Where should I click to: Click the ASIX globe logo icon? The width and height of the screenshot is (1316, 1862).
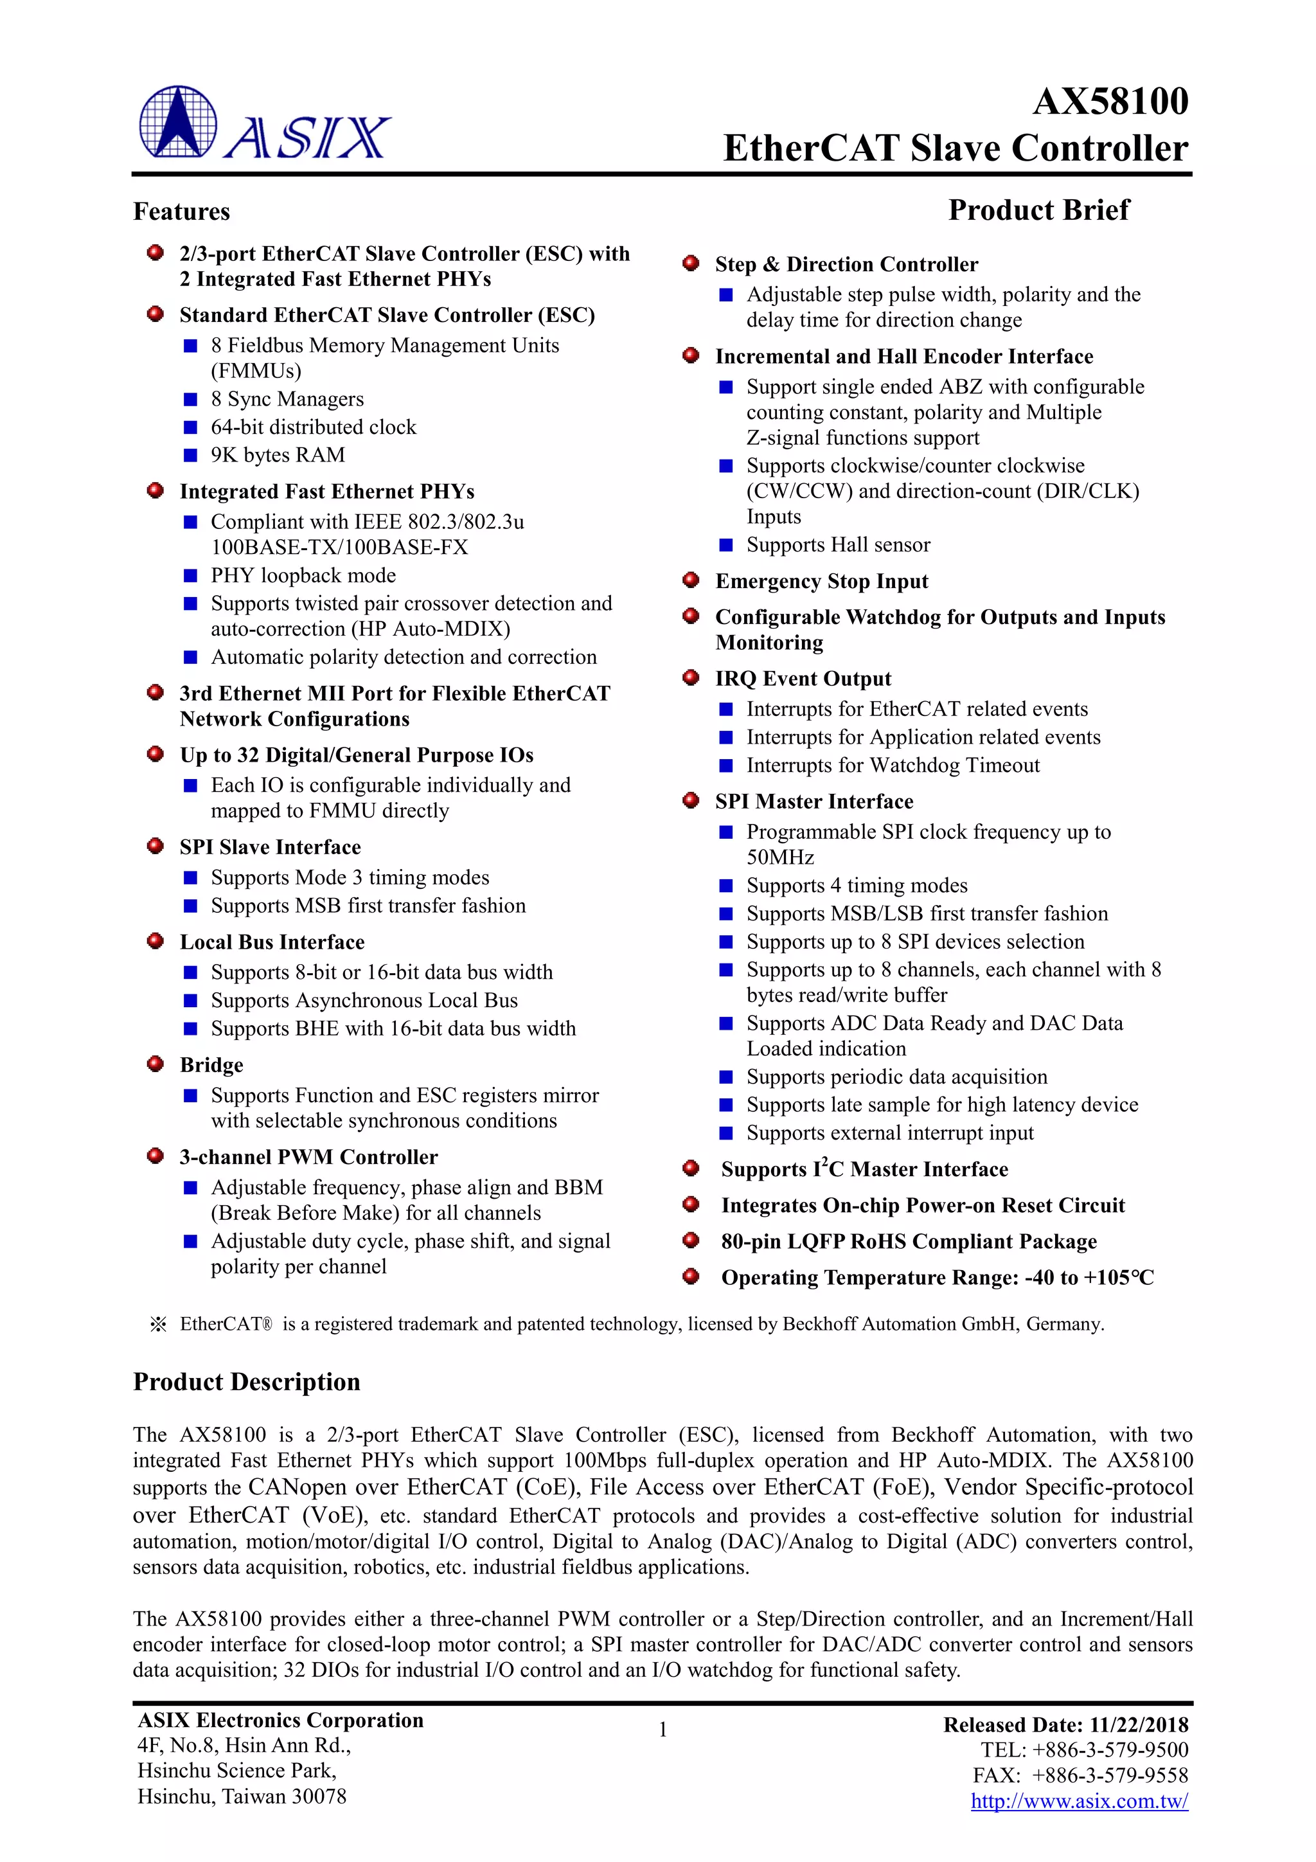pyautogui.click(x=177, y=121)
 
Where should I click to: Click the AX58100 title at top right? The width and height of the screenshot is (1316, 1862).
pyautogui.click(x=1109, y=102)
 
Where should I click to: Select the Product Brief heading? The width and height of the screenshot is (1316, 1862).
pyautogui.click(x=1038, y=210)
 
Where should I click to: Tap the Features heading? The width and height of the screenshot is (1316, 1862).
pyautogui.click(x=182, y=211)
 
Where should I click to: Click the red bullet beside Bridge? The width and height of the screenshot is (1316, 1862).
pyautogui.click(x=156, y=1063)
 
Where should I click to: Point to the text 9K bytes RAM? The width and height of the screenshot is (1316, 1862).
pyautogui.click(x=278, y=455)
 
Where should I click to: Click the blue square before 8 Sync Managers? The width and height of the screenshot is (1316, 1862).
pyautogui.click(x=191, y=399)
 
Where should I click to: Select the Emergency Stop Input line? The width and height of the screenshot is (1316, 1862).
pyautogui.click(x=821, y=582)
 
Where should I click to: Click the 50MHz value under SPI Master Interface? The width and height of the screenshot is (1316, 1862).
pyautogui.click(x=780, y=857)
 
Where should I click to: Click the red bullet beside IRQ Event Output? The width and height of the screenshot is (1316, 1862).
pyautogui.click(x=691, y=678)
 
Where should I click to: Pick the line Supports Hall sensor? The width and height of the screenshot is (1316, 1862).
pyautogui.click(x=838, y=545)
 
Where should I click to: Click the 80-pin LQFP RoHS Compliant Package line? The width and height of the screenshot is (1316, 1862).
pyautogui.click(x=908, y=1242)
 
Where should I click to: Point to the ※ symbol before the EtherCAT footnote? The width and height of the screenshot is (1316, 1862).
pyautogui.click(x=158, y=1324)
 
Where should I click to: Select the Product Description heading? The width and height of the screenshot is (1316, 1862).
pyautogui.click(x=247, y=1382)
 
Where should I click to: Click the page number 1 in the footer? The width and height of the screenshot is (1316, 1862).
pyautogui.click(x=662, y=1730)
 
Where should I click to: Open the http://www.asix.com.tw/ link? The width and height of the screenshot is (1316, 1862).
pyautogui.click(x=1080, y=1801)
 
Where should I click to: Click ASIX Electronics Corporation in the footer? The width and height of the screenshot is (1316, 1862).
pyautogui.click(x=281, y=1720)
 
